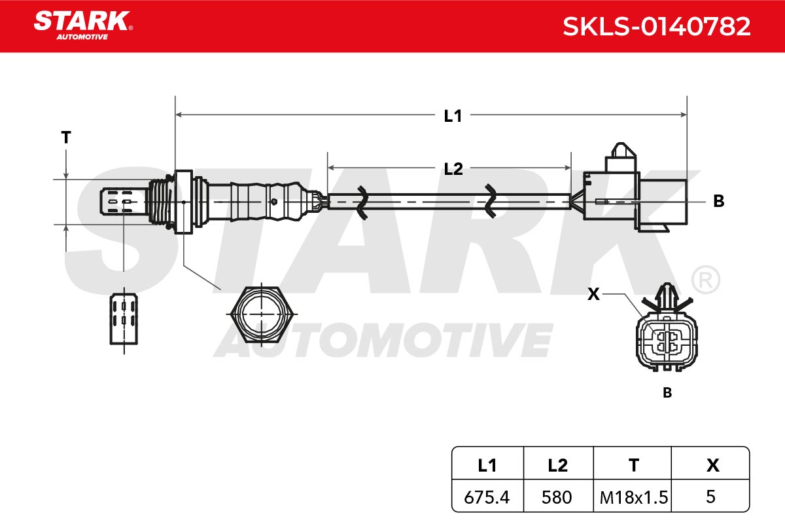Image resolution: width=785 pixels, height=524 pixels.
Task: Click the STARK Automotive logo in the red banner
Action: (83, 26)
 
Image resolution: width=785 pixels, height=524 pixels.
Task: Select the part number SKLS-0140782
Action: (656, 26)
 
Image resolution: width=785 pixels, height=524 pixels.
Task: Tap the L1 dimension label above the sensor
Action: (453, 116)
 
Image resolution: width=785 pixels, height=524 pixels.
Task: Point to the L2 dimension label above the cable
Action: (453, 169)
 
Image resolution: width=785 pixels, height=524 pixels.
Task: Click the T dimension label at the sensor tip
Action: (66, 137)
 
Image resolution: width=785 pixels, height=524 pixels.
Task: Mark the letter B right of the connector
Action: (719, 201)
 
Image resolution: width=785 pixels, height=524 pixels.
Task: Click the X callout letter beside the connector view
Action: (593, 294)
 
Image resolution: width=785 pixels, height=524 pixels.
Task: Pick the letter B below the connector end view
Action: (667, 392)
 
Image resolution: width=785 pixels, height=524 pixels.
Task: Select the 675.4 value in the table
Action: (487, 497)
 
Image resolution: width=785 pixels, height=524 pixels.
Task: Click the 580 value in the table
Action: (557, 497)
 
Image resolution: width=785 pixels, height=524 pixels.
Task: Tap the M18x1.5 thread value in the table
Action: (634, 497)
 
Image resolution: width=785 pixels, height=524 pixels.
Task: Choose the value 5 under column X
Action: (710, 496)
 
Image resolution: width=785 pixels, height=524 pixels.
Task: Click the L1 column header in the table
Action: (487, 466)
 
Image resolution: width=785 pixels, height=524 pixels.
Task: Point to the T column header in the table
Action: (634, 466)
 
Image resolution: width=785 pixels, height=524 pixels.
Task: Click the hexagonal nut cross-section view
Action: (262, 314)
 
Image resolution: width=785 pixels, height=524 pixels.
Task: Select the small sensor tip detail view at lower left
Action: (124, 319)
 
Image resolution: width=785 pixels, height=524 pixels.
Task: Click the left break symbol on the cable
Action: (362, 203)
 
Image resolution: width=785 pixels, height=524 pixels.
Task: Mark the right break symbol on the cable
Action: (490, 201)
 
